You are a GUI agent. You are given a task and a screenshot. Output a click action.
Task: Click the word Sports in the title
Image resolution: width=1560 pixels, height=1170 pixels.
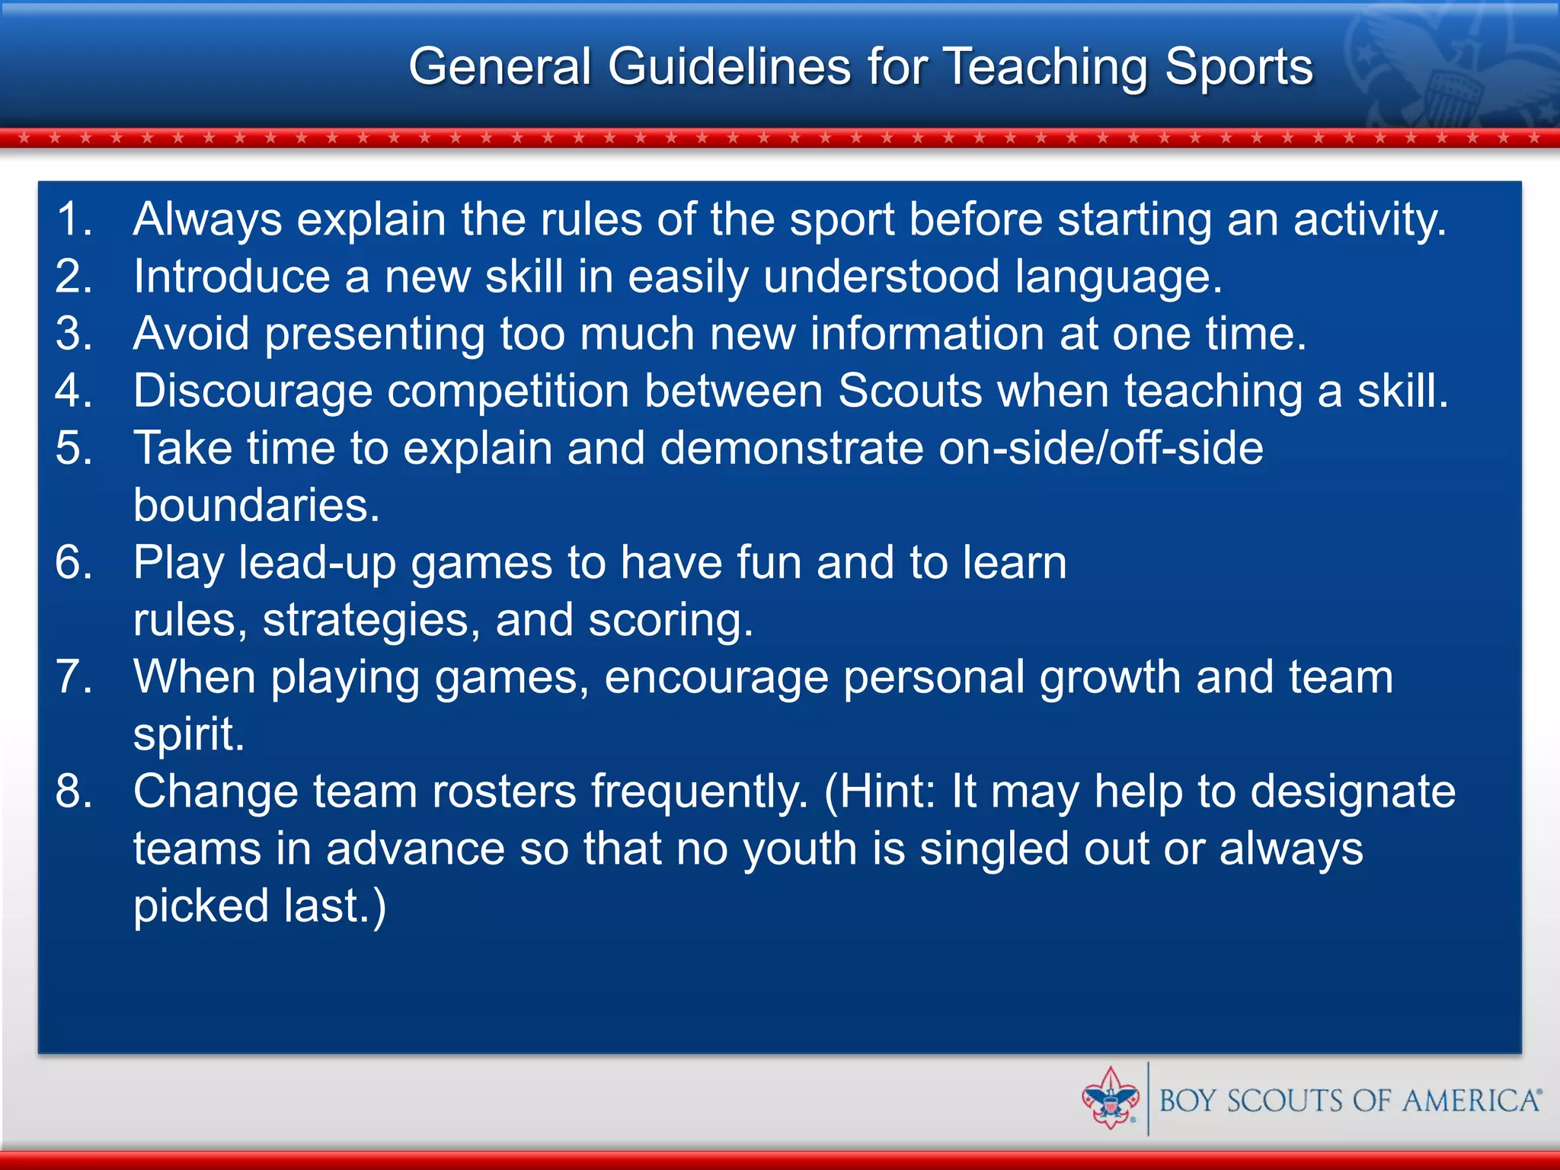tap(1239, 67)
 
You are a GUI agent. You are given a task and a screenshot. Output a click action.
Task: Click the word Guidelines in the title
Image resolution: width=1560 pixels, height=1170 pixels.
tap(729, 67)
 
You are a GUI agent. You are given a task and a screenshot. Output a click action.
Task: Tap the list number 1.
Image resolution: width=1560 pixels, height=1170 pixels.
tap(73, 219)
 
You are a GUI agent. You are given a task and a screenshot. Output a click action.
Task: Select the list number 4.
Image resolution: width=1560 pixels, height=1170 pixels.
tap(73, 391)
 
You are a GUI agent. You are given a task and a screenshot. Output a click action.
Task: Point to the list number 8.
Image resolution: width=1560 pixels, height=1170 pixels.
tap(73, 791)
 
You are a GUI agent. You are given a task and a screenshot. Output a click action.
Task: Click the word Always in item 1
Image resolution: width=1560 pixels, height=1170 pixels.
tap(207, 219)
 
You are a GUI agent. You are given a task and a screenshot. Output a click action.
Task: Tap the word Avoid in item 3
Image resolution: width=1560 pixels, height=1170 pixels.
tap(191, 334)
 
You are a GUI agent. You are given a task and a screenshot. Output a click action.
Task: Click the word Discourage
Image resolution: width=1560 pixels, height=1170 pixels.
tap(253, 391)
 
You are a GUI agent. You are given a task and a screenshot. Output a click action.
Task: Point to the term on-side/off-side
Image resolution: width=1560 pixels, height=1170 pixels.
tap(1101, 448)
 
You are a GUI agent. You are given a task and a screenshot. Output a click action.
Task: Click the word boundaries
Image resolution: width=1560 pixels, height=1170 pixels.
tap(256, 505)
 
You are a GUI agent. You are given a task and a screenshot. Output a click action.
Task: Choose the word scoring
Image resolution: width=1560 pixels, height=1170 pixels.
tap(670, 620)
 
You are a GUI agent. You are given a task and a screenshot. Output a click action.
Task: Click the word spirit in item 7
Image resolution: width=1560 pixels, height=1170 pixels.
tap(188, 735)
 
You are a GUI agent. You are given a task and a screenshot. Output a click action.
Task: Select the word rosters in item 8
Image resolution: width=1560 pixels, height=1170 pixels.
tap(504, 791)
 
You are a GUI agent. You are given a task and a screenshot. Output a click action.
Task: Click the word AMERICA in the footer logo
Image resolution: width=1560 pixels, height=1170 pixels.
tap(1470, 1101)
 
